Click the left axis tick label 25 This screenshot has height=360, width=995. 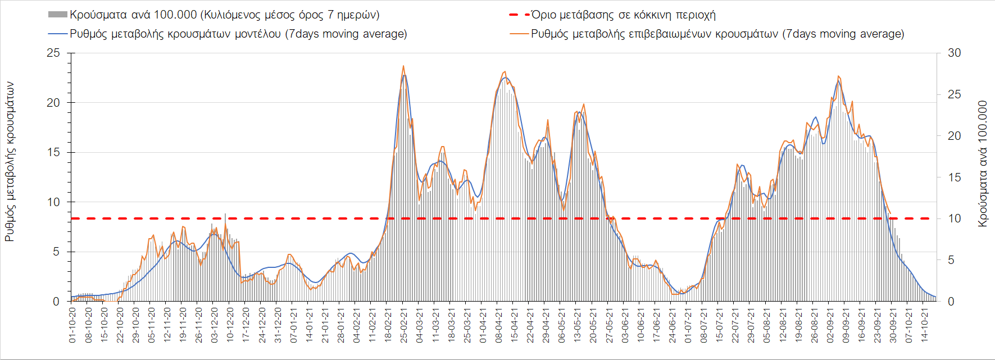pyautogui.click(x=53, y=53)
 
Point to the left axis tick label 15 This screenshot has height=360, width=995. pyautogui.click(x=53, y=152)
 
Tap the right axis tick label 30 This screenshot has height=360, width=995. pyautogui.click(x=954, y=53)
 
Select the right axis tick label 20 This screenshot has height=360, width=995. pyautogui.click(x=954, y=136)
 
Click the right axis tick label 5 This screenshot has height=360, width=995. pyautogui.click(x=951, y=260)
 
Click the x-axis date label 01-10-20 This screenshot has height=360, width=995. pyautogui.click(x=72, y=325)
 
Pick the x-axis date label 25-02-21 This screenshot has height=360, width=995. pyautogui.click(x=404, y=325)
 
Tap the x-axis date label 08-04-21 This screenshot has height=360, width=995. pyautogui.click(x=498, y=325)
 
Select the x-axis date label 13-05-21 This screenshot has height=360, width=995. pyautogui.click(x=578, y=325)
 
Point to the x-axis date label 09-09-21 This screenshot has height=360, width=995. pyautogui.click(x=846, y=325)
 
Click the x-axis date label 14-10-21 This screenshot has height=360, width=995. pyautogui.click(x=925, y=325)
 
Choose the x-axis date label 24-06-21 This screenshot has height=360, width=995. pyautogui.click(x=673, y=325)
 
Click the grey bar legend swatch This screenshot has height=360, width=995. pyautogui.click(x=58, y=15)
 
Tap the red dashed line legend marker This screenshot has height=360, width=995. pyautogui.click(x=519, y=15)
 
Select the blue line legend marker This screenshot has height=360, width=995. pyautogui.click(x=58, y=34)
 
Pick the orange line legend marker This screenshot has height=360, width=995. pyautogui.click(x=519, y=34)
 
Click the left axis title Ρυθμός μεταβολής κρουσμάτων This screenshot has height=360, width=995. pyautogui.click(x=10, y=162)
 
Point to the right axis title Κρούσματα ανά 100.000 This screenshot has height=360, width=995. pyautogui.click(x=982, y=164)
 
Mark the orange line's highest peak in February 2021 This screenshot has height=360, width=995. pyautogui.click(x=403, y=66)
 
